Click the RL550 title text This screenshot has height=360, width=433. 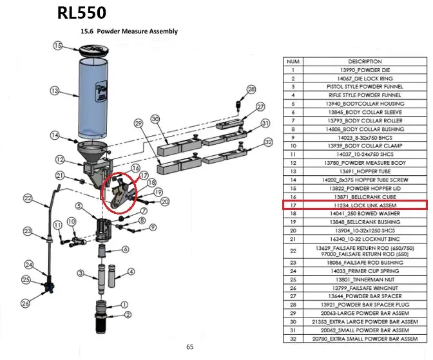point(81,12)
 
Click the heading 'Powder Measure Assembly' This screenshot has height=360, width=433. point(128,31)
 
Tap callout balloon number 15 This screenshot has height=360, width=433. point(58,46)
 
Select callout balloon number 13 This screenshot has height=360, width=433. point(55,90)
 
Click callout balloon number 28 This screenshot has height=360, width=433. point(251,89)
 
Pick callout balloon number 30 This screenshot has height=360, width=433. point(155,118)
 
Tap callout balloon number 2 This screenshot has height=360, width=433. point(128,315)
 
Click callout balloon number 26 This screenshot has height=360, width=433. point(25,303)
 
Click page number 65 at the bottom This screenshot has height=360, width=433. point(190,347)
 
